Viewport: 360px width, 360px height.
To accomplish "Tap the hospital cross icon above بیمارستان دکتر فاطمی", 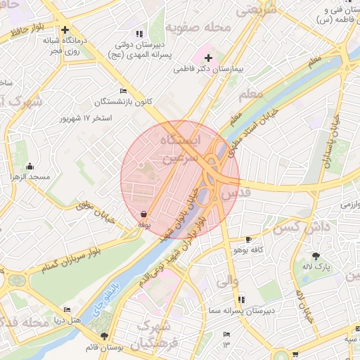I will pyautogui.click(x=208, y=57).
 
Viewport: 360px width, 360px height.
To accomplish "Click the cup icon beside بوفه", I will pyautogui.click(x=143, y=214).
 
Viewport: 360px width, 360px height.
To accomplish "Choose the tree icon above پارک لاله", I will pyautogui.click(x=316, y=256).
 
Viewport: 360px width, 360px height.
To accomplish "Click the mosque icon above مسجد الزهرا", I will pyautogui.click(x=30, y=167).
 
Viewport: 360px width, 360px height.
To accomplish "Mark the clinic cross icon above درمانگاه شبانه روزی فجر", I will pyautogui.click(x=65, y=30).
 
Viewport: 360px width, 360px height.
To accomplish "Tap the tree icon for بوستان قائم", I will pyautogui.click(x=105, y=337).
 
